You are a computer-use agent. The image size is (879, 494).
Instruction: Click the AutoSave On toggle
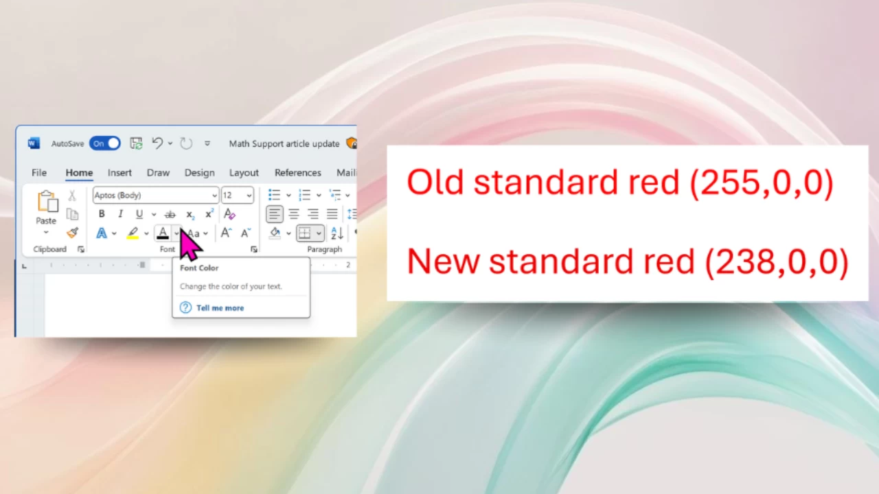click(105, 143)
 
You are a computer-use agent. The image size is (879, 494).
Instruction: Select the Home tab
click(79, 172)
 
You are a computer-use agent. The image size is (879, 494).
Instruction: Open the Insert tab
click(119, 172)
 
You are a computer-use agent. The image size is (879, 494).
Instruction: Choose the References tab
click(298, 172)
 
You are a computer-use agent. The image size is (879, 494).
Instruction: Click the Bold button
click(102, 213)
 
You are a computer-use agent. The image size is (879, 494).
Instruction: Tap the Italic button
click(120, 213)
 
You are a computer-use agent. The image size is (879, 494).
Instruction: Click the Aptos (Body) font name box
click(156, 196)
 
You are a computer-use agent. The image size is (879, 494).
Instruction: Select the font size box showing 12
click(238, 196)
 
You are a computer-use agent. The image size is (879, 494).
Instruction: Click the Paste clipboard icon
click(47, 202)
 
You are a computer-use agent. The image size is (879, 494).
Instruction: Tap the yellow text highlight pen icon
click(133, 233)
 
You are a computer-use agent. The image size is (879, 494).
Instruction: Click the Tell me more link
click(220, 308)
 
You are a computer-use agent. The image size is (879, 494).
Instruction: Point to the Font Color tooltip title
click(199, 268)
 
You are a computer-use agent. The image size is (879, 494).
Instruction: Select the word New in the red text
click(443, 261)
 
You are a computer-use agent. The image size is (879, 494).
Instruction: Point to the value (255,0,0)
click(762, 183)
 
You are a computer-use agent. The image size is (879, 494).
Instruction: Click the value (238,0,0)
click(777, 263)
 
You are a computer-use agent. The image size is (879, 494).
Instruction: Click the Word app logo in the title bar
click(34, 143)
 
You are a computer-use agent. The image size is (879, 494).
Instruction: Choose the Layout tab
click(244, 172)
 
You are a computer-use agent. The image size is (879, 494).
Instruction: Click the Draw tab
click(158, 172)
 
